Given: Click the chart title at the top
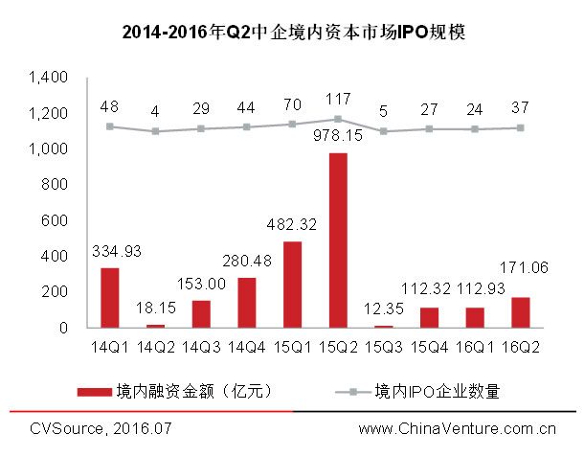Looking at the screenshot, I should pos(292,33).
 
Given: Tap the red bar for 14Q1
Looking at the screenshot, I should pos(110,297).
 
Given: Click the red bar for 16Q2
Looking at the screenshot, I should pos(521,312).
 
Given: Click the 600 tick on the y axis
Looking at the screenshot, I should pos(56,220).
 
